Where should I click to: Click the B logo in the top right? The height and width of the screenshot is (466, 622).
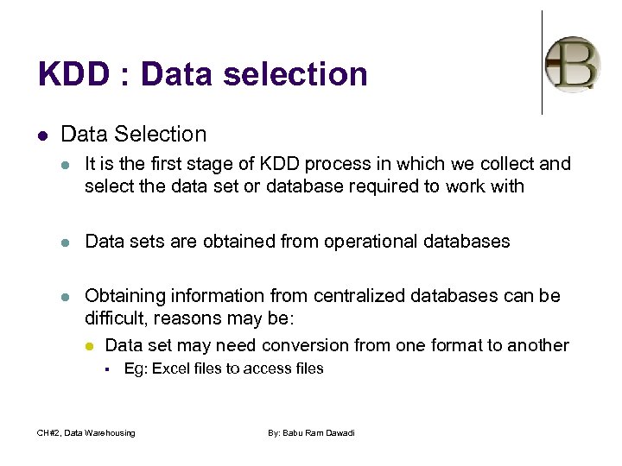(x=573, y=64)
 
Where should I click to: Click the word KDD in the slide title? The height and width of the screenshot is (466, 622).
(x=74, y=74)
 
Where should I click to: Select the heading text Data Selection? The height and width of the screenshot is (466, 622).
(x=134, y=134)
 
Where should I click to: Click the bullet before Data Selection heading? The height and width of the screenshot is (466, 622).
(x=42, y=135)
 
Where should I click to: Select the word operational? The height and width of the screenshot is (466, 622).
(x=360, y=242)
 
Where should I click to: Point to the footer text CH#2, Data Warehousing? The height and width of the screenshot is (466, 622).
(x=86, y=432)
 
